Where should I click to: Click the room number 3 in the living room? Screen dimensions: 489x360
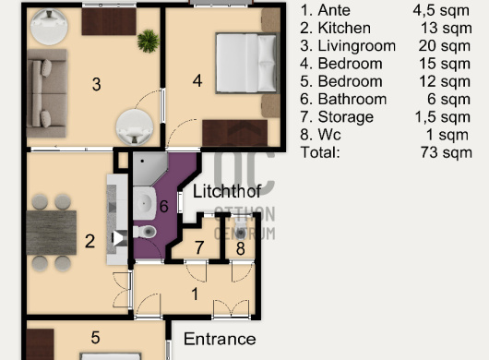coord(97,84)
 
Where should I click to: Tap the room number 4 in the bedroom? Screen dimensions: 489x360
coord(197,81)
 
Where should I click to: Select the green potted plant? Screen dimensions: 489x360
coord(149,41)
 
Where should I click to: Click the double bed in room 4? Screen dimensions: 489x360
coord(247,63)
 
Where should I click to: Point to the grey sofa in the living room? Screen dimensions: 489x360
coord(47,93)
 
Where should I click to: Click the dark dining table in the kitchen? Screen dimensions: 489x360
coord(52,233)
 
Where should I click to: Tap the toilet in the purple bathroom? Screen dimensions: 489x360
coord(145,232)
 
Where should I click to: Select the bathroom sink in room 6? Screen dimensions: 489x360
coord(144,203)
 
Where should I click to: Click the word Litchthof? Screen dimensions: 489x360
coord(227,191)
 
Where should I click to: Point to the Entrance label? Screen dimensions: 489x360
coord(220,339)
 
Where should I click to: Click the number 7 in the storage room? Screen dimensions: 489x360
coord(199,247)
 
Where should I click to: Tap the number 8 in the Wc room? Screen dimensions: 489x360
coord(241,248)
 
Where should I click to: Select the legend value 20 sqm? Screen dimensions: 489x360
coord(445,46)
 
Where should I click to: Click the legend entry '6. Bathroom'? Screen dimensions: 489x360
coord(343,99)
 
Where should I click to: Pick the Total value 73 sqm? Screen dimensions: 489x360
coord(447,152)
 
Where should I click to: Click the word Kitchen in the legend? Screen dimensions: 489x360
coord(344,28)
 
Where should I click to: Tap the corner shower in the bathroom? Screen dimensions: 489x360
coord(150,169)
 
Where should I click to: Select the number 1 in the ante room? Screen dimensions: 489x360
coord(195,294)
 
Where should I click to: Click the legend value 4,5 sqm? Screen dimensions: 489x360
coord(441,10)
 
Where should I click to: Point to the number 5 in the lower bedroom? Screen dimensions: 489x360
coord(95,338)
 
